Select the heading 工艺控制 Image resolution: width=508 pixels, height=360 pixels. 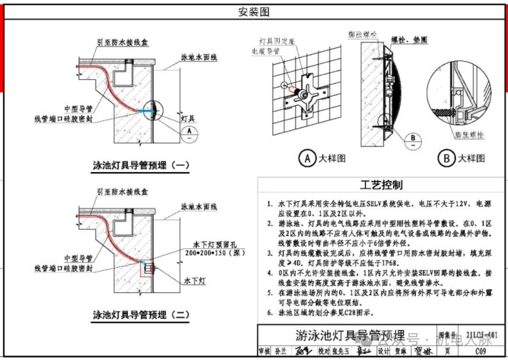[x=381, y=185]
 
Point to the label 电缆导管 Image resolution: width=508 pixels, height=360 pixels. [x=266, y=51]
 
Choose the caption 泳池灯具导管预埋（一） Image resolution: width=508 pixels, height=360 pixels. [x=141, y=165]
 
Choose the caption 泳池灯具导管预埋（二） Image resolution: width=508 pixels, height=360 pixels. [x=141, y=314]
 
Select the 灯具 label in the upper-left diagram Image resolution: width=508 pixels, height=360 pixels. [x=188, y=119]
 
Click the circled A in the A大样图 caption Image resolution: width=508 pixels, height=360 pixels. [x=307, y=158]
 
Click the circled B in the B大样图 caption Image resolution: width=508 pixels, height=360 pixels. [x=446, y=158]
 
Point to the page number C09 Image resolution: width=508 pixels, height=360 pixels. [x=480, y=351]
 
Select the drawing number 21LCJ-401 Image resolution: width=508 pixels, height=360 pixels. [x=482, y=335]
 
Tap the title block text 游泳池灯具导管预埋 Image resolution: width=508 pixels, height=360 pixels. [x=350, y=335]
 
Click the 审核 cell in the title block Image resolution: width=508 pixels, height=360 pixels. [x=264, y=351]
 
